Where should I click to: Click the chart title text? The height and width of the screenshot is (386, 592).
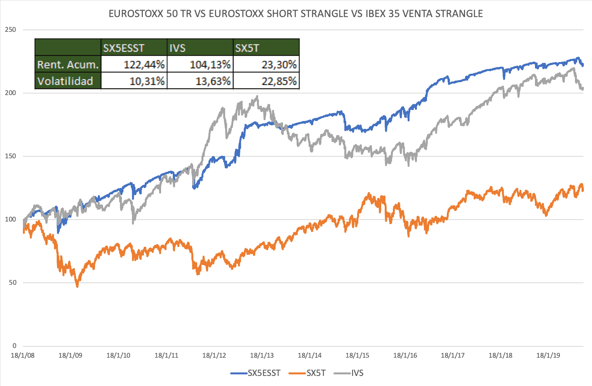(296, 14)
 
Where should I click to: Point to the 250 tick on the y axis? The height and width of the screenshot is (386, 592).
(11, 30)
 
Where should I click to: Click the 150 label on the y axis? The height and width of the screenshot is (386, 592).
(11, 156)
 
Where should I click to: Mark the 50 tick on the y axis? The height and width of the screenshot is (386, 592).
(12, 283)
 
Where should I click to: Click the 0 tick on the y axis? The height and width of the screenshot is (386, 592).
(14, 346)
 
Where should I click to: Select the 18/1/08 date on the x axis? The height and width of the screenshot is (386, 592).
(23, 355)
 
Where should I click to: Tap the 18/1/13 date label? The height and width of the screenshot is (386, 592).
(262, 355)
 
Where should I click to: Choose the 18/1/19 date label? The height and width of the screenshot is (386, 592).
(548, 355)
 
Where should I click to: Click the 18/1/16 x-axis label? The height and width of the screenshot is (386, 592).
(405, 355)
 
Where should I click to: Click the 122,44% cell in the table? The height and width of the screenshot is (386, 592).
(144, 65)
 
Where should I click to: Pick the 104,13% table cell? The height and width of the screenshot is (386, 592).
(210, 65)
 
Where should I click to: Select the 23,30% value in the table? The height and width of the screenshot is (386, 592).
(279, 65)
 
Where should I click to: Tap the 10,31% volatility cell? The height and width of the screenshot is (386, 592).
(147, 81)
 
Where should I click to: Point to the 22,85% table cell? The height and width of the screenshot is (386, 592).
(279, 81)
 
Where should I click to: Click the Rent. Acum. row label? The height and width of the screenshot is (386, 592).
(68, 65)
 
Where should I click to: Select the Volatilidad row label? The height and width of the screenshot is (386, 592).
(65, 81)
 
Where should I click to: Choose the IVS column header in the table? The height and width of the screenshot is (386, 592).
(177, 48)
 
